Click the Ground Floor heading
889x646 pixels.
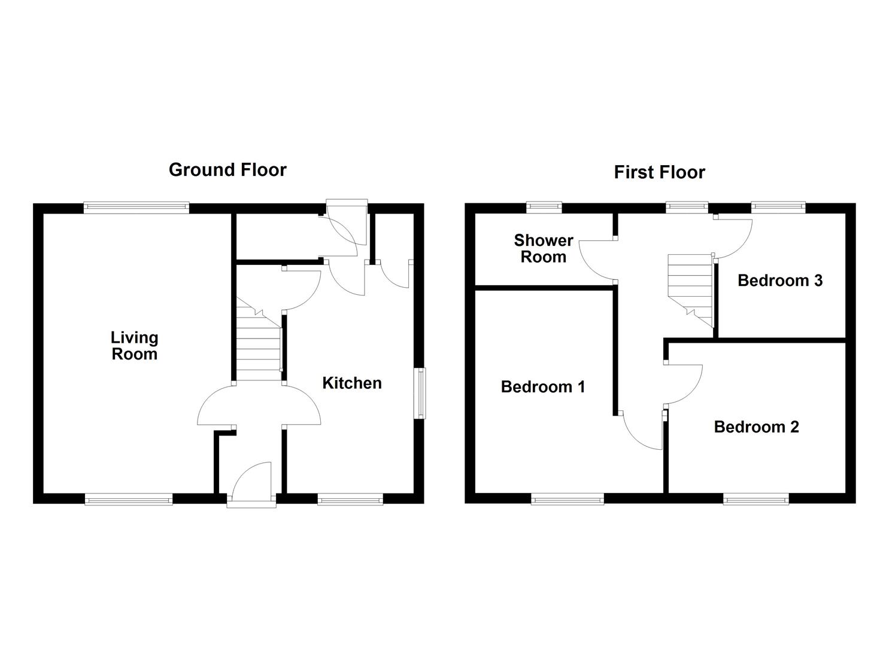tap(227, 170)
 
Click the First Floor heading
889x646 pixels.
tap(659, 172)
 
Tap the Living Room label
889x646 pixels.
tap(134, 346)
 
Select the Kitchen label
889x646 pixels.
tap(352, 383)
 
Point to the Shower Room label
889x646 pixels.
tap(543, 249)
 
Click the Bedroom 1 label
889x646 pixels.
tap(543, 387)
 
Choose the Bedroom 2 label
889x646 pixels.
tap(756, 427)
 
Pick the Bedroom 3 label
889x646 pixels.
tap(779, 281)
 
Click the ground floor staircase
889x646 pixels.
tap(259, 347)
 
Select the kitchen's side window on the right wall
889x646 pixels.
tap(421, 393)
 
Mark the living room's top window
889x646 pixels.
tap(136, 208)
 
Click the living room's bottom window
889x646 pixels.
tap(129, 499)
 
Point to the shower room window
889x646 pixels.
tap(544, 208)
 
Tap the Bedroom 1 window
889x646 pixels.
tap(568, 499)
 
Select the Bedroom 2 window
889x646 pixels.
tap(756, 499)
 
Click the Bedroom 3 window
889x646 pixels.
tap(778, 208)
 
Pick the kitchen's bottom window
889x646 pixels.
tap(350, 499)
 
